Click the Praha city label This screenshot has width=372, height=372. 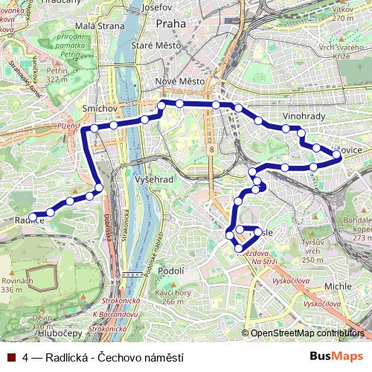click(170, 24)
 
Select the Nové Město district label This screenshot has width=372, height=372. click(176, 81)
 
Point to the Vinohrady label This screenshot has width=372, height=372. click(304, 118)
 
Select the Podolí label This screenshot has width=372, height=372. click(171, 271)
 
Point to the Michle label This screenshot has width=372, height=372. click(338, 286)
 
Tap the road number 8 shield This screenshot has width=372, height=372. click(211, 150)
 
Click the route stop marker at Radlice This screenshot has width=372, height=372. click(32, 217)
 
